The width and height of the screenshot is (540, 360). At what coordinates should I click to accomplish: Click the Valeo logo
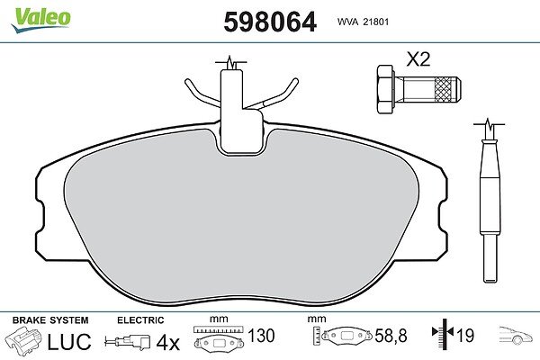click(41, 19)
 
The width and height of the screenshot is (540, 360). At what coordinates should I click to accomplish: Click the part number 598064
click(270, 22)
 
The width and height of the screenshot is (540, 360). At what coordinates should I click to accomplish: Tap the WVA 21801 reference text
click(363, 22)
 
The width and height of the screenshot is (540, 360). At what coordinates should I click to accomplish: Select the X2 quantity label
click(418, 59)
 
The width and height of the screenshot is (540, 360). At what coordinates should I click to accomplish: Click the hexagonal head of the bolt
click(385, 89)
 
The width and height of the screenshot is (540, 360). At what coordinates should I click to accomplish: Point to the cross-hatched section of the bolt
click(445, 90)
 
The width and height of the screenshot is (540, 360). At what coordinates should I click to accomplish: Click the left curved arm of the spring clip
click(202, 92)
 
